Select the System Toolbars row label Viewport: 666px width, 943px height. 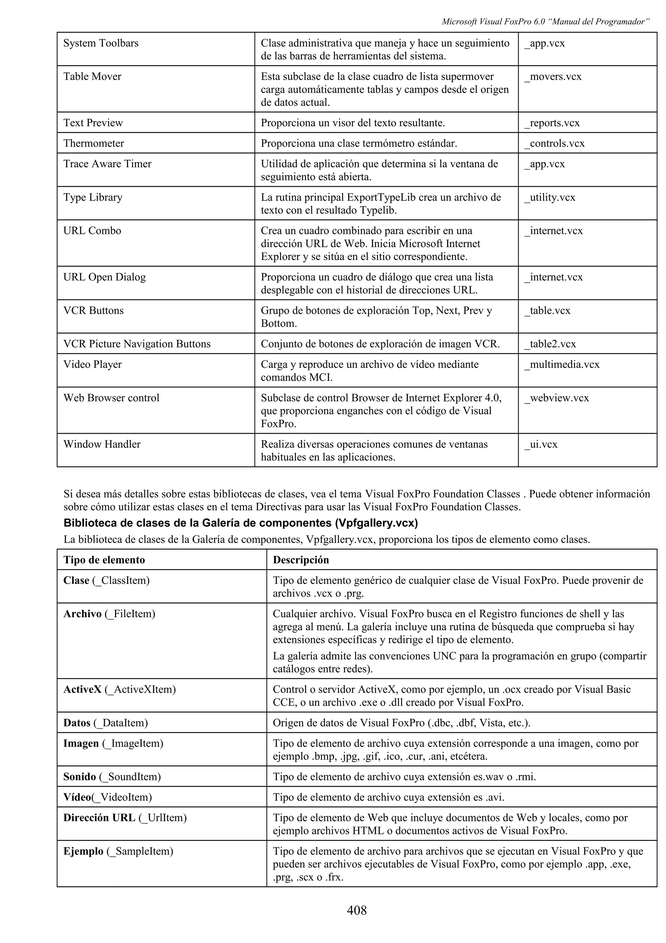point(101,43)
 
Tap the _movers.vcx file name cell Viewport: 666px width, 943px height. point(553,76)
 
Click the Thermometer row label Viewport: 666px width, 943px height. point(94,143)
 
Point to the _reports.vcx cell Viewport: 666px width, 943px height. point(552,123)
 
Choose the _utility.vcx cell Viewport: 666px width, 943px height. point(550,197)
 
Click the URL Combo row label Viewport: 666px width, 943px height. point(92,230)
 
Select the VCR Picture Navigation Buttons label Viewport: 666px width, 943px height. point(137,344)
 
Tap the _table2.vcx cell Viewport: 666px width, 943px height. point(550,344)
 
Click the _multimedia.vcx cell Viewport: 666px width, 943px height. point(562,364)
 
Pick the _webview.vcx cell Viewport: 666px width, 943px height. point(556,398)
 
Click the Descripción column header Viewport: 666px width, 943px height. point(301,560)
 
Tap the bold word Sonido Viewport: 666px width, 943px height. point(79,777)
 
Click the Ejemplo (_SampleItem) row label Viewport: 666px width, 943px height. point(118,851)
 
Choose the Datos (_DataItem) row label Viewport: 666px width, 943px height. point(105,723)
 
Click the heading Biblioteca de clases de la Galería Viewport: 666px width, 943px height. point(240,523)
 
